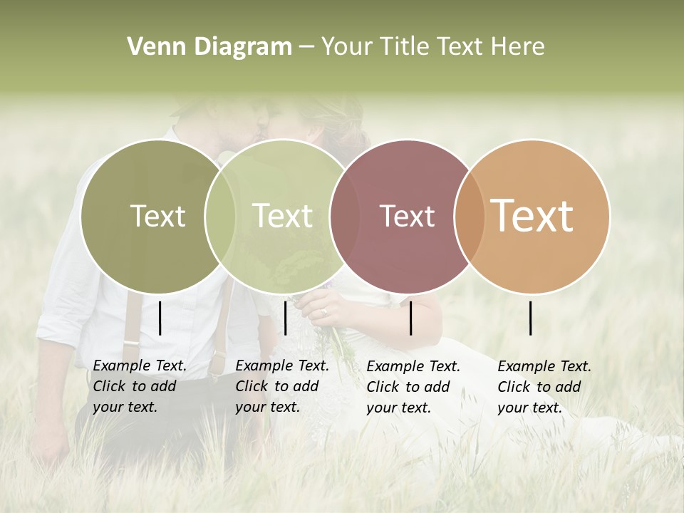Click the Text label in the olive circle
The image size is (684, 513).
(x=157, y=216)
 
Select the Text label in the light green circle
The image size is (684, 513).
(x=282, y=216)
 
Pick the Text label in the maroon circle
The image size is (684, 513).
(x=408, y=216)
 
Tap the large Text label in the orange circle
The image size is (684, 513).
(x=532, y=216)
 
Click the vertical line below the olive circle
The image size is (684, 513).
(x=160, y=318)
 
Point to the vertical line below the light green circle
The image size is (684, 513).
(x=285, y=318)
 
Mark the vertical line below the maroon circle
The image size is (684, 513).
(x=410, y=318)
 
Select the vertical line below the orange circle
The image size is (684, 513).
(x=531, y=318)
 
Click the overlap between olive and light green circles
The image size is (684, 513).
(x=220, y=216)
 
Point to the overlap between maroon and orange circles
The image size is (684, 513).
(x=470, y=216)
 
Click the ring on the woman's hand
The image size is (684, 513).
(x=324, y=311)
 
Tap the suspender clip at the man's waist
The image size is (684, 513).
(x=130, y=343)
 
